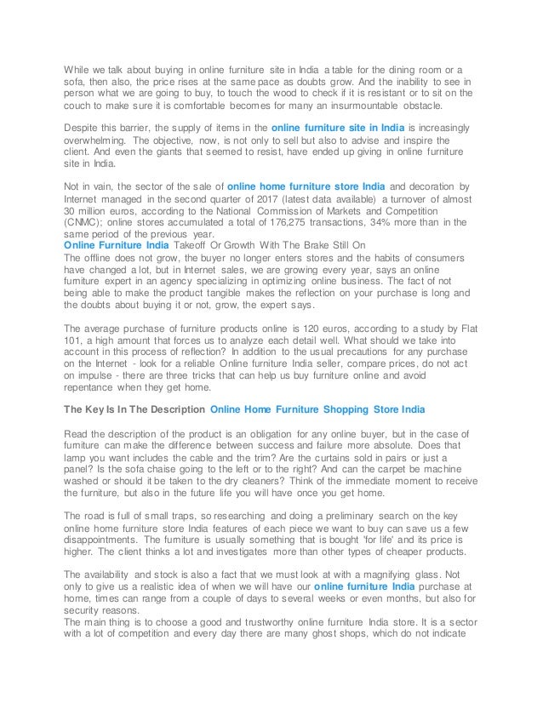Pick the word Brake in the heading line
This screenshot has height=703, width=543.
point(319,246)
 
